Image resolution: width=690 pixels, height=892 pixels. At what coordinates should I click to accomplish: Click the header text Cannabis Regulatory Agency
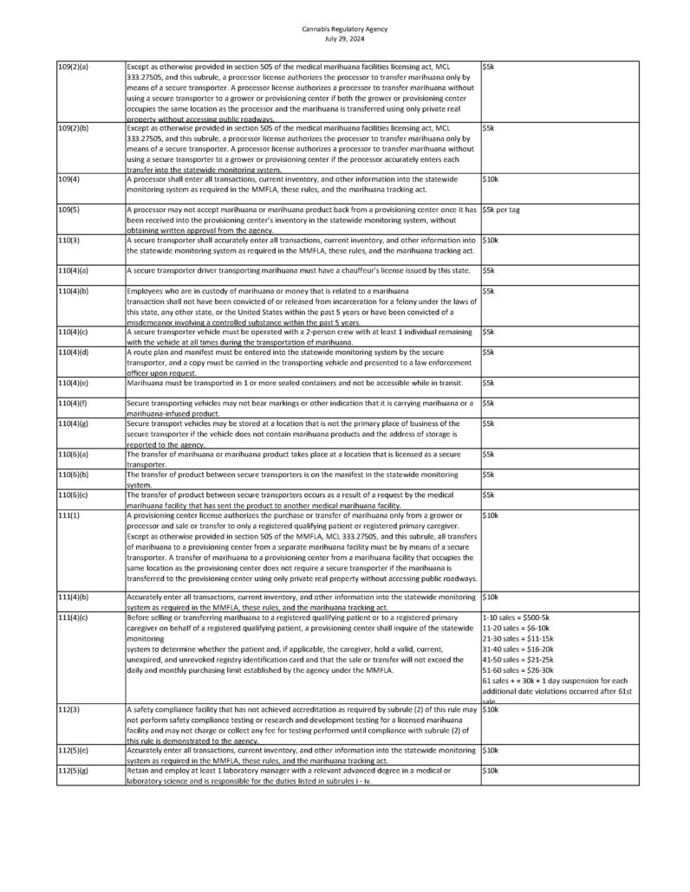pyautogui.click(x=345, y=29)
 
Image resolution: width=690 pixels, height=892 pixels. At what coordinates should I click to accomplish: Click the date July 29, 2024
pyautogui.click(x=345, y=39)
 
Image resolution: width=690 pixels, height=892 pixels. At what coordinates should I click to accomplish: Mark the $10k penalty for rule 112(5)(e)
pyautogui.click(x=490, y=750)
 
